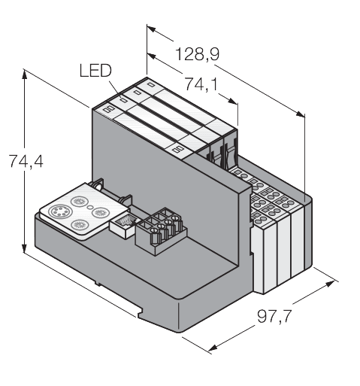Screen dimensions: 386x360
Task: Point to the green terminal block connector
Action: tap(159, 229)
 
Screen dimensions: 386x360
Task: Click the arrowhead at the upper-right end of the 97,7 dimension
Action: tap(334, 284)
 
